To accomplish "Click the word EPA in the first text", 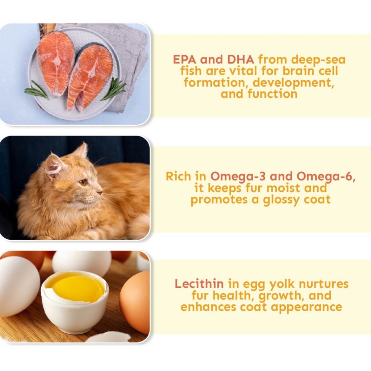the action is tap(184, 59).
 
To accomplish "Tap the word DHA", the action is tap(241, 59).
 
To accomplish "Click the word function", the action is tap(272, 94).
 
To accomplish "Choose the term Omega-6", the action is tap(326, 177).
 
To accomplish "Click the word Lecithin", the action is tap(199, 284).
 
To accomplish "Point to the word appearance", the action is tap(307, 307).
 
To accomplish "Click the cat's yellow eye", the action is tap(83, 183).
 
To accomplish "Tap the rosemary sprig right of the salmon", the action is tap(113, 89).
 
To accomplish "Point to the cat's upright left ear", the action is tap(54, 164).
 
